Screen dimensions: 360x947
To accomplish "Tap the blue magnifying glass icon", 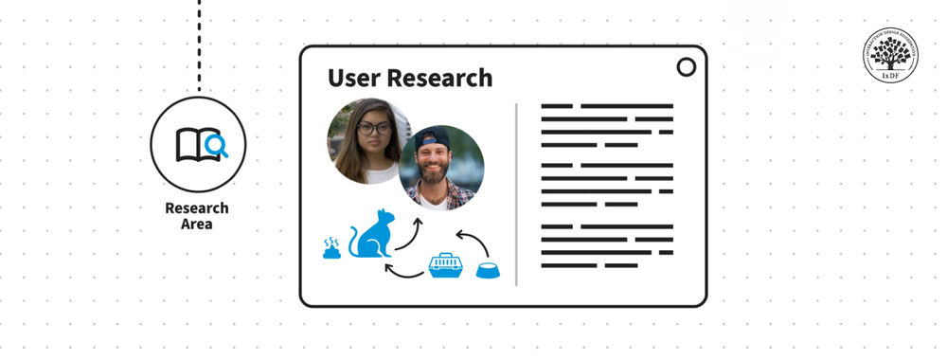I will (x=217, y=146).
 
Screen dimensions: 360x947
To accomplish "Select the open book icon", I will (x=192, y=145).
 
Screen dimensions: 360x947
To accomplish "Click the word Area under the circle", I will (x=197, y=225).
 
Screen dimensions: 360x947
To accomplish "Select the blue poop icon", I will (x=331, y=249).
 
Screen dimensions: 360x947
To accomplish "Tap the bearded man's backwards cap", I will (x=433, y=135).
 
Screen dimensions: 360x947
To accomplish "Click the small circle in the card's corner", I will (x=686, y=67).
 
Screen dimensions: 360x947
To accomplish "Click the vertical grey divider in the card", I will (x=517, y=194).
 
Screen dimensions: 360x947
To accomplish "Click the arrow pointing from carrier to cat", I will (x=404, y=274).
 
